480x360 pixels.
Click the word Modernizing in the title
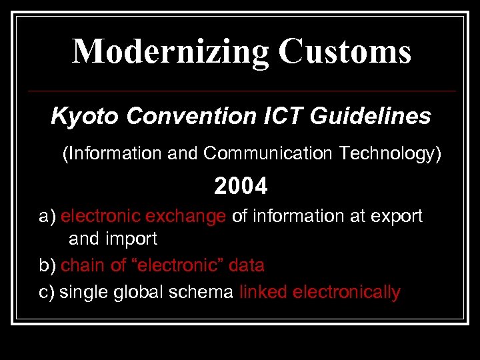click(171, 52)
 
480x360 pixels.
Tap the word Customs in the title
click(345, 52)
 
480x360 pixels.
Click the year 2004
click(241, 187)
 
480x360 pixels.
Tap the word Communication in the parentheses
click(269, 154)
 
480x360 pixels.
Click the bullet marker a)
click(47, 217)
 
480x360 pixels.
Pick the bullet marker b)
click(47, 265)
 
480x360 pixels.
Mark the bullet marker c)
click(47, 292)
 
